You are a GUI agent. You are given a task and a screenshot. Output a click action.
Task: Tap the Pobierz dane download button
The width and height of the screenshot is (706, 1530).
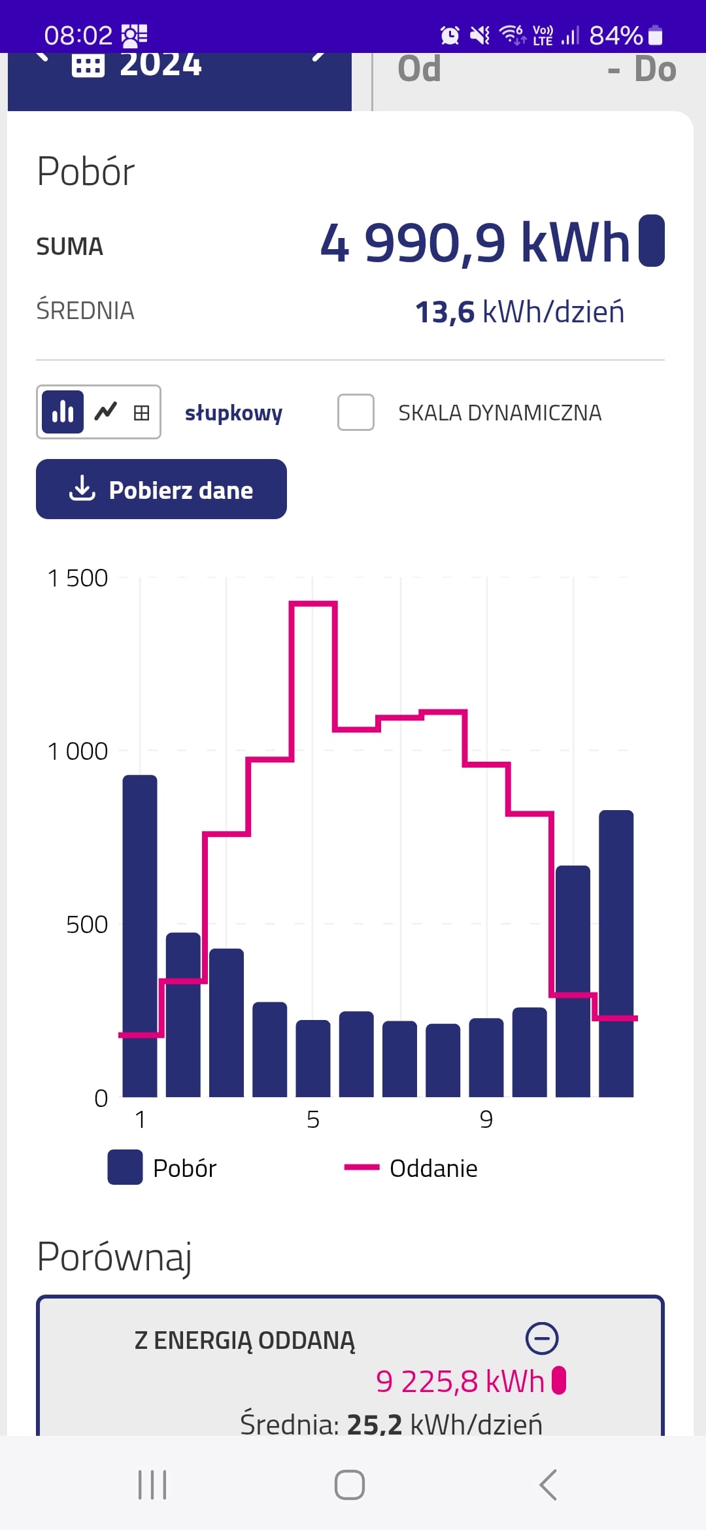click(161, 489)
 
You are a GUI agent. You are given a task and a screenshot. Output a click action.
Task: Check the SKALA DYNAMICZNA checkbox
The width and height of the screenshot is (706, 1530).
click(356, 413)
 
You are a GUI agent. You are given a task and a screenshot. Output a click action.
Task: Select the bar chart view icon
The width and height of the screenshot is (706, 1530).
click(63, 412)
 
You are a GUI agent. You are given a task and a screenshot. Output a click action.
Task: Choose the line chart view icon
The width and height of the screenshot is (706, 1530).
click(105, 412)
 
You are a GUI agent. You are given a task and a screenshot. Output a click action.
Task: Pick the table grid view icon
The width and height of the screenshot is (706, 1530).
click(141, 413)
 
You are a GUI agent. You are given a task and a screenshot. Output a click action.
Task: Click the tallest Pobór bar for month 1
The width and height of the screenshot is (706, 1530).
click(140, 935)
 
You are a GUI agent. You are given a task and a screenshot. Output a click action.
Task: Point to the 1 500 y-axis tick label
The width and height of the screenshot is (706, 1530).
click(78, 578)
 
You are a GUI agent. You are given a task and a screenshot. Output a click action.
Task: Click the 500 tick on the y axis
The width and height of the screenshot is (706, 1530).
click(87, 925)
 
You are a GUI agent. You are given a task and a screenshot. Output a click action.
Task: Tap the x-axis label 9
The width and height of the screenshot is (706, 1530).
click(486, 1119)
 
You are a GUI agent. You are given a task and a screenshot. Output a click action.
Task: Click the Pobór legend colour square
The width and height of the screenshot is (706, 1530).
click(125, 1167)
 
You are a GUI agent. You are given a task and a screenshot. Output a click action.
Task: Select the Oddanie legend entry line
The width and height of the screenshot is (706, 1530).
click(361, 1167)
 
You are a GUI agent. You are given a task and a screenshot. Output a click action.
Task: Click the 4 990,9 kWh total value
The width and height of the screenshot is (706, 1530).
click(475, 243)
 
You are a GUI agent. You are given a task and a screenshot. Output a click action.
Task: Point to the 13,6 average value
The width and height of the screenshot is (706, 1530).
click(445, 312)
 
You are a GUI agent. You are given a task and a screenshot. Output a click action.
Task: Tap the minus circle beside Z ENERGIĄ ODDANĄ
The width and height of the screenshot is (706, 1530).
click(542, 1338)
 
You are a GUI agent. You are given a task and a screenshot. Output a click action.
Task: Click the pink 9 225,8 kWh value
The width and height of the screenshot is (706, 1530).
click(460, 1382)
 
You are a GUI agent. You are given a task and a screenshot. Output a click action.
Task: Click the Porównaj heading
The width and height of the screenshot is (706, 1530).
click(114, 1256)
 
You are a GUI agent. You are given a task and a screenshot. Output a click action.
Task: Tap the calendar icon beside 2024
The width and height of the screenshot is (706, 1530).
click(88, 65)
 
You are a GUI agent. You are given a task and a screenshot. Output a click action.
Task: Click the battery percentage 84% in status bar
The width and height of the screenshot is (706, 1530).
click(616, 35)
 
